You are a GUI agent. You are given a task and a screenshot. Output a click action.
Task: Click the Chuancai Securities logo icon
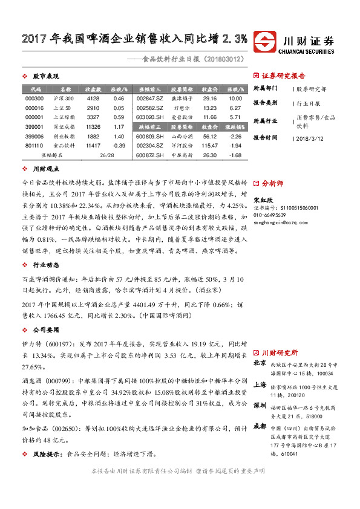tap(266, 42)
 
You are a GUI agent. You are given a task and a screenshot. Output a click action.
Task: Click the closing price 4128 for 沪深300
tap(93, 98)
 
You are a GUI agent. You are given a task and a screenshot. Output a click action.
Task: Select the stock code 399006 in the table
tap(35, 137)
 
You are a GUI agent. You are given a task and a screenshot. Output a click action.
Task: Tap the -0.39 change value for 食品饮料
tap(119, 146)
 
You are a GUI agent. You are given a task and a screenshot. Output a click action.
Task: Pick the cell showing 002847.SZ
tap(150, 98)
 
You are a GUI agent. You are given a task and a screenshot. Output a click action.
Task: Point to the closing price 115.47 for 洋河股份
tap(210, 146)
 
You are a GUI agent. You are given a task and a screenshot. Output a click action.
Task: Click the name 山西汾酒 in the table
tap(182, 137)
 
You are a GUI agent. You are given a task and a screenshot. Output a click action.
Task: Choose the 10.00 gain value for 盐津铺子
tap(236, 98)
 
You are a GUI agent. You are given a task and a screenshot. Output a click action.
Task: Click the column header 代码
tap(35, 88)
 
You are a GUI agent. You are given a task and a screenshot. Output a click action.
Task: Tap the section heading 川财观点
tap(46, 169)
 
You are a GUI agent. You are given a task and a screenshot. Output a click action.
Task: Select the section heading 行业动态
tap(46, 264)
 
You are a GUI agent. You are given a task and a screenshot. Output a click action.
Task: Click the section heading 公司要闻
tap(46, 331)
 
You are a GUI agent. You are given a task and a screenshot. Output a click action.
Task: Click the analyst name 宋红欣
tap(261, 200)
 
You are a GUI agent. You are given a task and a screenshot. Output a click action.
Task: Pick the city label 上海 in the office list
tap(260, 384)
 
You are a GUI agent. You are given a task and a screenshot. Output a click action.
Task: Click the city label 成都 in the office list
tap(260, 426)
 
